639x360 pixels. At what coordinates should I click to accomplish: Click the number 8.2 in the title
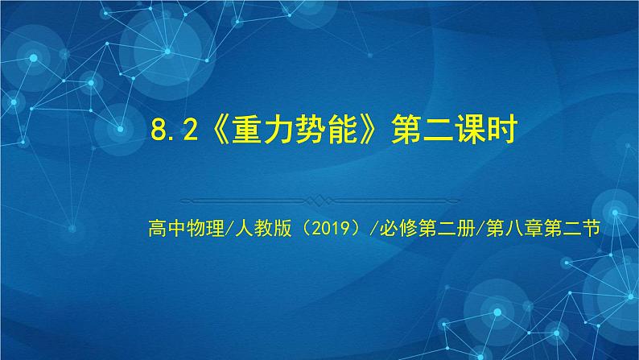[x=174, y=130]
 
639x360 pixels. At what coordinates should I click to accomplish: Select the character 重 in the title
[x=250, y=130]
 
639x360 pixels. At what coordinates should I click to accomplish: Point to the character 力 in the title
[x=285, y=130]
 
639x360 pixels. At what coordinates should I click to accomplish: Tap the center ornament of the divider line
[x=319, y=199]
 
